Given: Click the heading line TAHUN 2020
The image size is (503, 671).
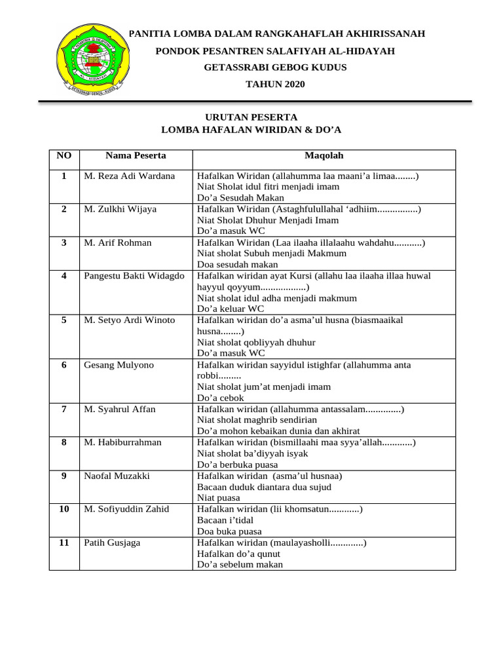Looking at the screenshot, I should [x=275, y=84].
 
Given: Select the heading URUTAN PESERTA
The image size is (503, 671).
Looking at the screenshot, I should [x=251, y=117].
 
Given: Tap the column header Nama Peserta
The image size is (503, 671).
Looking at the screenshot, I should [x=136, y=156].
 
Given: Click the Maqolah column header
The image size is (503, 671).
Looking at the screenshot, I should [x=324, y=156].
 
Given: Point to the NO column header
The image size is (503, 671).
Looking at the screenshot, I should [x=64, y=156].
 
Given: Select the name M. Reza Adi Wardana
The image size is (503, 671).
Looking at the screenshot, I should [x=130, y=176].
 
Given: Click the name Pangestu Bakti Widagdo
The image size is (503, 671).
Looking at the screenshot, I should [x=134, y=276].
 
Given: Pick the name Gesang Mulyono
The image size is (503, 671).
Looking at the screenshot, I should [x=119, y=365].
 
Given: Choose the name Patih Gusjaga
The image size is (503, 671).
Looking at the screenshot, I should [x=112, y=543].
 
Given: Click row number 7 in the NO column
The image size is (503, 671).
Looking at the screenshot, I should [x=64, y=410].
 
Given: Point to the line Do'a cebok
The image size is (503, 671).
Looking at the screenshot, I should [x=220, y=398].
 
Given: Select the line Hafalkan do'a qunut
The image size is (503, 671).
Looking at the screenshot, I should [x=238, y=554].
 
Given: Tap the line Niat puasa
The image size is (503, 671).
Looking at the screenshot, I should [x=219, y=497].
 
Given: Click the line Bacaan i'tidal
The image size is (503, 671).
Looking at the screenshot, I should [x=225, y=520].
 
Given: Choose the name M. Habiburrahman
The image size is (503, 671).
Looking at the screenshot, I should [x=122, y=443].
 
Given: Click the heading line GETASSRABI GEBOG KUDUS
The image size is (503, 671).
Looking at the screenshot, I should [x=275, y=67].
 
